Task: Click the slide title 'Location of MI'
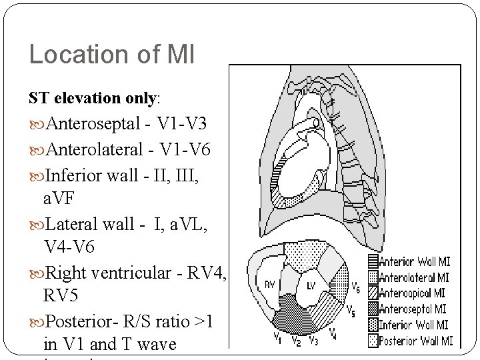[x=112, y=55]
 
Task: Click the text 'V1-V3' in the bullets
[x=181, y=124]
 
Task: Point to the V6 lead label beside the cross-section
[x=357, y=288]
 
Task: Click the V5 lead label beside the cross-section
[x=351, y=310]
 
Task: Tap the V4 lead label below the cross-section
[x=333, y=333]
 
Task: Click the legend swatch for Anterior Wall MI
[x=373, y=262]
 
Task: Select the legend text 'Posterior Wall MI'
[x=416, y=341]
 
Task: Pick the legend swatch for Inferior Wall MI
[x=373, y=325]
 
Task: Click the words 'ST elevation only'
[x=92, y=98]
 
